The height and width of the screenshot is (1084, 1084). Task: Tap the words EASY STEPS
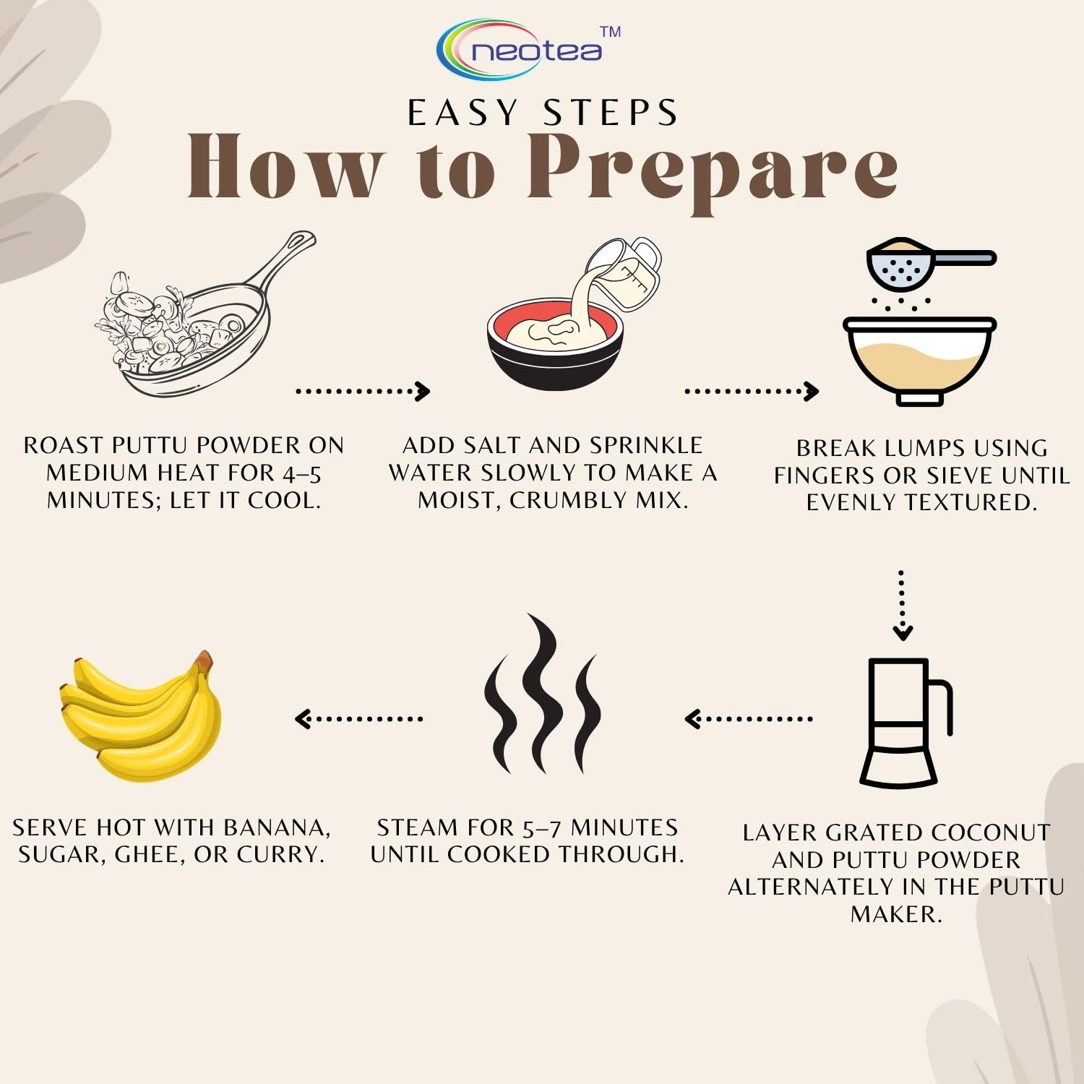(x=543, y=113)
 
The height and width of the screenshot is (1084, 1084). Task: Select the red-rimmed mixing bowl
(x=555, y=344)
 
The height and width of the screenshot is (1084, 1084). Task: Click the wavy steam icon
(x=542, y=694)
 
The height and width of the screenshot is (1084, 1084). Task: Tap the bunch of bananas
(x=140, y=716)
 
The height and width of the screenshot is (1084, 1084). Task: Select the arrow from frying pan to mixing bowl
(x=363, y=391)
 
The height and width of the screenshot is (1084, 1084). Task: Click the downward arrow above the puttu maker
(x=902, y=606)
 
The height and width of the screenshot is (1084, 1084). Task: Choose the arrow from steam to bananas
(x=358, y=719)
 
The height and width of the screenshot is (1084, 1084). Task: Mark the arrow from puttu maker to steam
(x=748, y=719)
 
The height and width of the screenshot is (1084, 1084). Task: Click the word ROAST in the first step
(x=64, y=445)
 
